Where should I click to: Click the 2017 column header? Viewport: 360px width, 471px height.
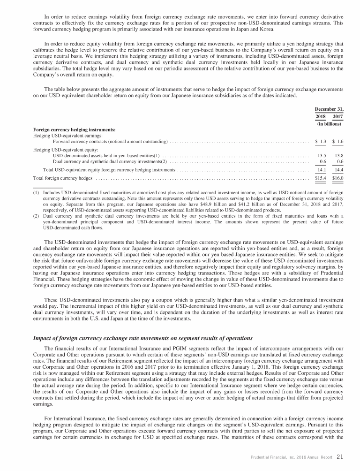coord(337,116)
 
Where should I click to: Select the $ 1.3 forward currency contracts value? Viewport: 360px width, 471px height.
coord(321,141)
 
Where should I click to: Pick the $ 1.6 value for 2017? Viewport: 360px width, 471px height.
coord(337,141)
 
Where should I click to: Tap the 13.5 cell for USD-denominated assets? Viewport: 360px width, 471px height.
coord(322,155)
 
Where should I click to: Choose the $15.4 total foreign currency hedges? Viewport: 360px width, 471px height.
coord(321,178)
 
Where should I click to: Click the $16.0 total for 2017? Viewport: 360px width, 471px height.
coord(337,178)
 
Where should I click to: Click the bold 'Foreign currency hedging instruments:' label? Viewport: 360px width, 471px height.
coord(75,129)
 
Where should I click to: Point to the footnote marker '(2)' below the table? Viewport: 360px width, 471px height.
coord(36,217)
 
